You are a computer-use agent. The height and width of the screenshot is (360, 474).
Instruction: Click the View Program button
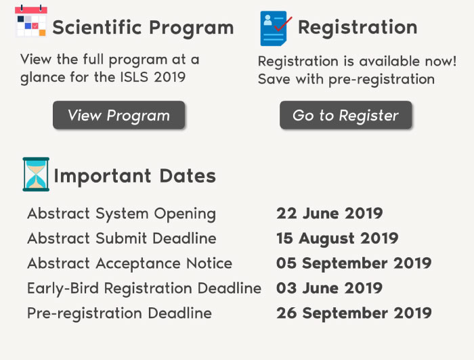point(118,115)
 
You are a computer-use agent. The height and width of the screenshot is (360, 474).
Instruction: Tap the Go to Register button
point(345,115)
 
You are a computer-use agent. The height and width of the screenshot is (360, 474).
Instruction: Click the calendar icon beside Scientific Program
point(31,21)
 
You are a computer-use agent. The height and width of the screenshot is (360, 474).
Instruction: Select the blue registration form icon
point(274,28)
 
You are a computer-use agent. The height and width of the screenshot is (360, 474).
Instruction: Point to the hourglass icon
point(36,175)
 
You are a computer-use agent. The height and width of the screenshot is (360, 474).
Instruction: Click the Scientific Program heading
point(143,28)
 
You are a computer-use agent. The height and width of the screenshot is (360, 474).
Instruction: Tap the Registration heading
point(358,28)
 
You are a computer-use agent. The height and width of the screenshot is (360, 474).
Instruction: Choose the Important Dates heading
point(135,176)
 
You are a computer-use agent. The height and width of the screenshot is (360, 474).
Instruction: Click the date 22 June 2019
point(330,213)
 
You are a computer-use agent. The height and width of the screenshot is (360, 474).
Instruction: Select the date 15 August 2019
point(337,239)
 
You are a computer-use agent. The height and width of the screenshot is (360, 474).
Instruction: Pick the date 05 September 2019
point(354,263)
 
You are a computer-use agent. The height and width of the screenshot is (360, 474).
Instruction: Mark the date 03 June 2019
point(330,288)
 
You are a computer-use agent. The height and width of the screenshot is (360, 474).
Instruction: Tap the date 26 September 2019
point(354,313)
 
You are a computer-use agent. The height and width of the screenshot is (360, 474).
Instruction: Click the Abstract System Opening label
point(121,214)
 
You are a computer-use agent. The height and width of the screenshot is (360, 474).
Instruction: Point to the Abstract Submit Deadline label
point(122,238)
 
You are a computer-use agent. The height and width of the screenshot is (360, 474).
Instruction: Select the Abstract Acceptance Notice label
point(130,263)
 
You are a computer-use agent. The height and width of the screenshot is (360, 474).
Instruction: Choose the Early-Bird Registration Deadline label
point(144,288)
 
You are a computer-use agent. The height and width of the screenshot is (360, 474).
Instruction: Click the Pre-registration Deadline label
point(119,313)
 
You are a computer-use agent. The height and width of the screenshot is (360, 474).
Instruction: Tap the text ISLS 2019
point(153,77)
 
